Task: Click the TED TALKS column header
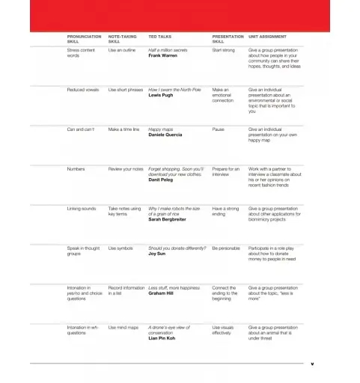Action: (x=160, y=36)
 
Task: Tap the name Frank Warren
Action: (x=163, y=55)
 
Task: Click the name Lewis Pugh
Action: (x=161, y=95)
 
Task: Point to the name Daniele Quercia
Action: (x=166, y=135)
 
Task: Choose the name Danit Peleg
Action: (x=162, y=180)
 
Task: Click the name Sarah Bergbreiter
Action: (x=167, y=220)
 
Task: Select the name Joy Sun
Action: (x=157, y=253)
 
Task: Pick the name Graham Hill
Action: (x=162, y=293)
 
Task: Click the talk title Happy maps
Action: (x=161, y=129)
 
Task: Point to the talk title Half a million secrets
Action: (x=168, y=49)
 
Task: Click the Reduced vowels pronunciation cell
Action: (x=82, y=89)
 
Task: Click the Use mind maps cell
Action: (x=123, y=327)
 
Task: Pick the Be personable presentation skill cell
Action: (x=227, y=248)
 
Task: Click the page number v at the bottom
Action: (x=312, y=364)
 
